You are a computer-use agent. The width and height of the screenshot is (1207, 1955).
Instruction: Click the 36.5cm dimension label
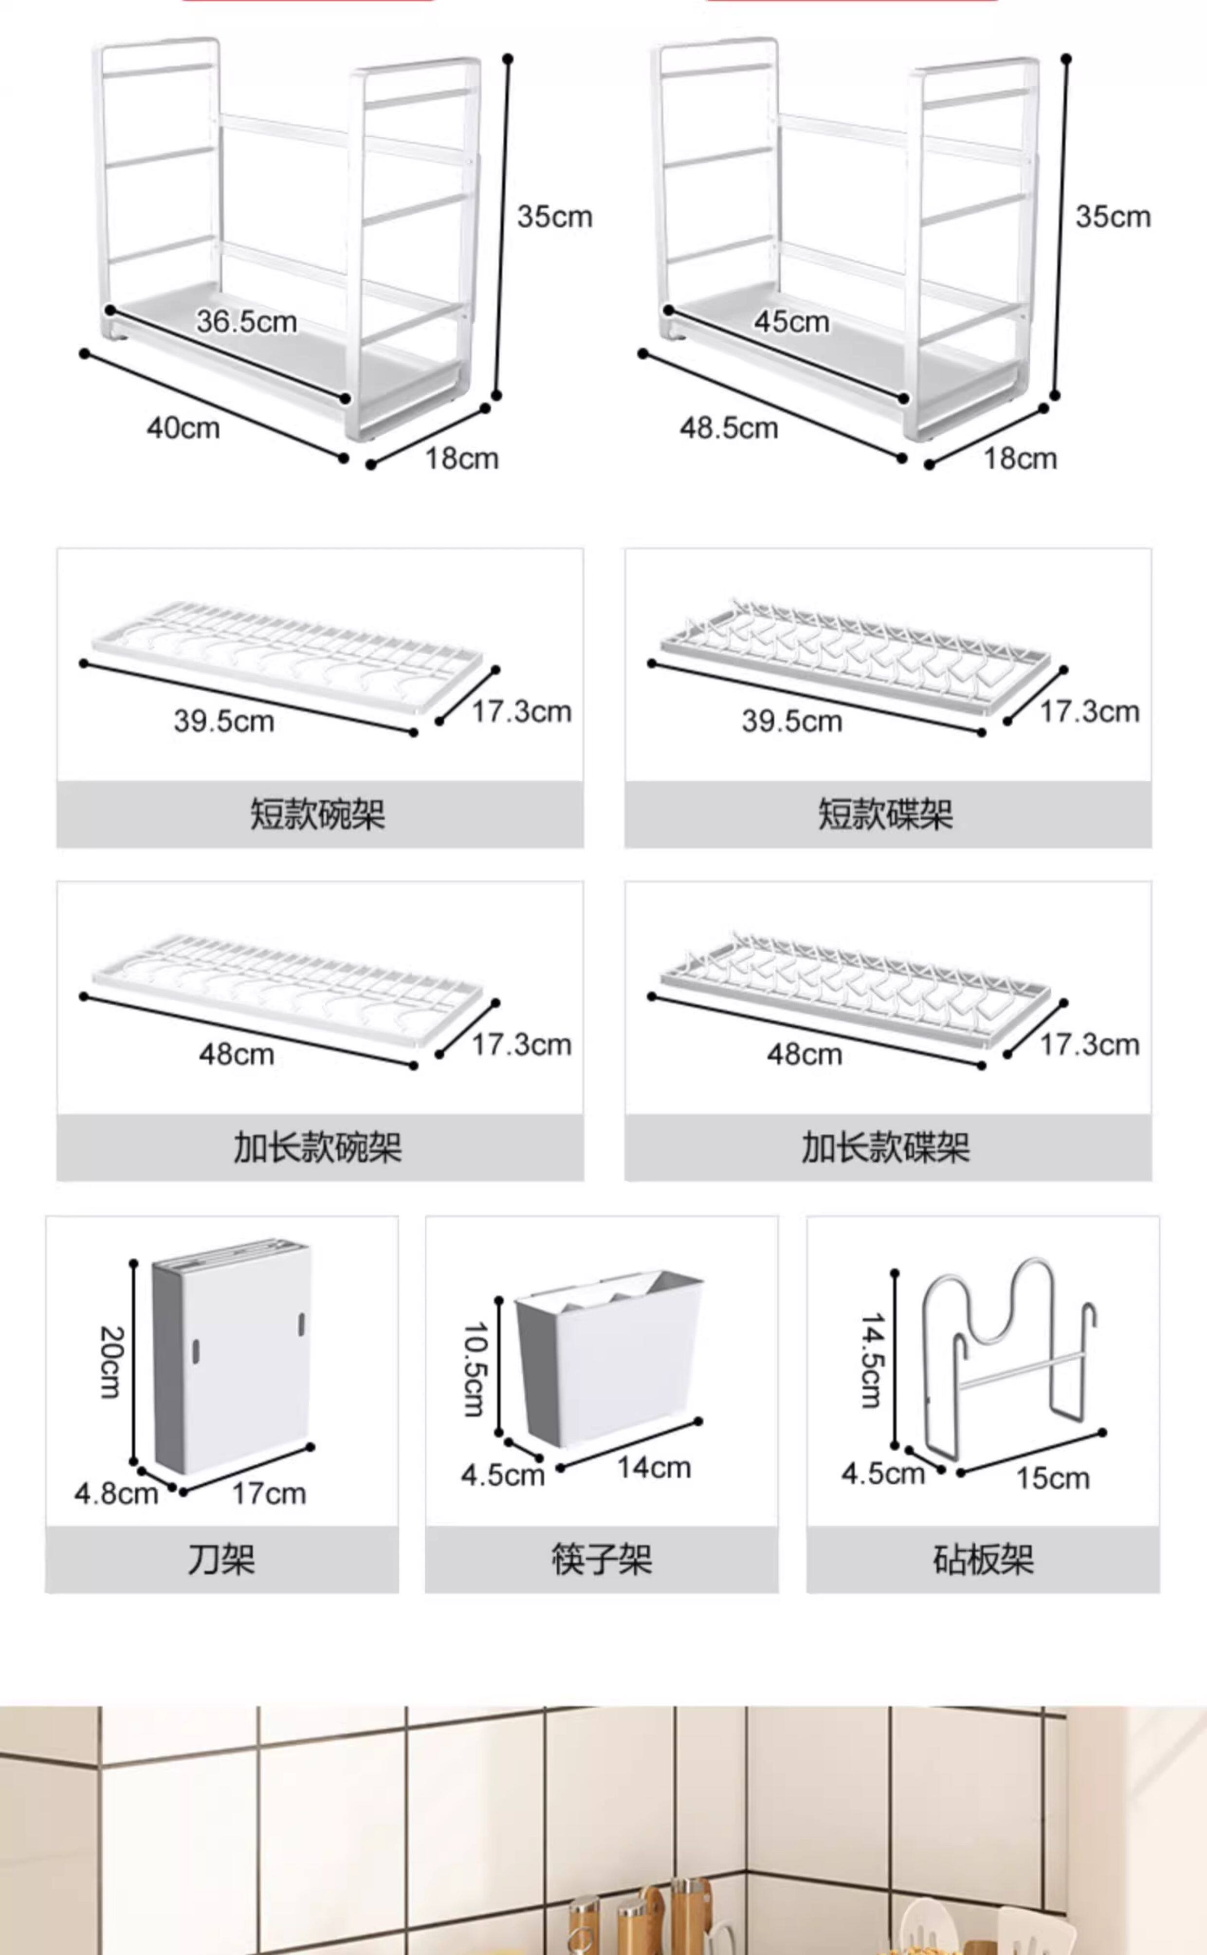pos(247,322)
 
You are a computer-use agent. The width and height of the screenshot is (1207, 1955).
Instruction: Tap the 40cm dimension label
pos(183,428)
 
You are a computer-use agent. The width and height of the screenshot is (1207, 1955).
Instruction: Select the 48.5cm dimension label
pos(728,428)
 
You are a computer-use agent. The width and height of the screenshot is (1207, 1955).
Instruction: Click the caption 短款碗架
pos(318,814)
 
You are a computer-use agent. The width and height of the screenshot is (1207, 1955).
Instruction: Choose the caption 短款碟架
pos(885,814)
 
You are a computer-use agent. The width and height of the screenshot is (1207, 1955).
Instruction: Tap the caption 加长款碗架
pos(318,1147)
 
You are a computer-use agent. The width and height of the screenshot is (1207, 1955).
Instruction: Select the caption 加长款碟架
pos(885,1147)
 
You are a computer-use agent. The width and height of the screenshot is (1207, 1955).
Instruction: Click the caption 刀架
pos(221,1559)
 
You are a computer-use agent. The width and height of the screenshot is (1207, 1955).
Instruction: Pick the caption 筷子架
pos(601,1559)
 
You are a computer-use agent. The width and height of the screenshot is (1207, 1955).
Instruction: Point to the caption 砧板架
pos(983,1559)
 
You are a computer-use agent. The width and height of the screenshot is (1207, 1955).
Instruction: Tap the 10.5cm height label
pos(475,1369)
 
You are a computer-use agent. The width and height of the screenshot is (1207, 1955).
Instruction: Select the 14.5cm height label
pos(872,1361)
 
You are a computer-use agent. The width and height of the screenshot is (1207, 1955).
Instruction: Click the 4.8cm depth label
pos(116,1493)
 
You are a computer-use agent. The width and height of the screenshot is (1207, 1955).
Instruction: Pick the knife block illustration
pos(232,1357)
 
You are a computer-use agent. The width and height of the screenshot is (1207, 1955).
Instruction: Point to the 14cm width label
pos(654,1467)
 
